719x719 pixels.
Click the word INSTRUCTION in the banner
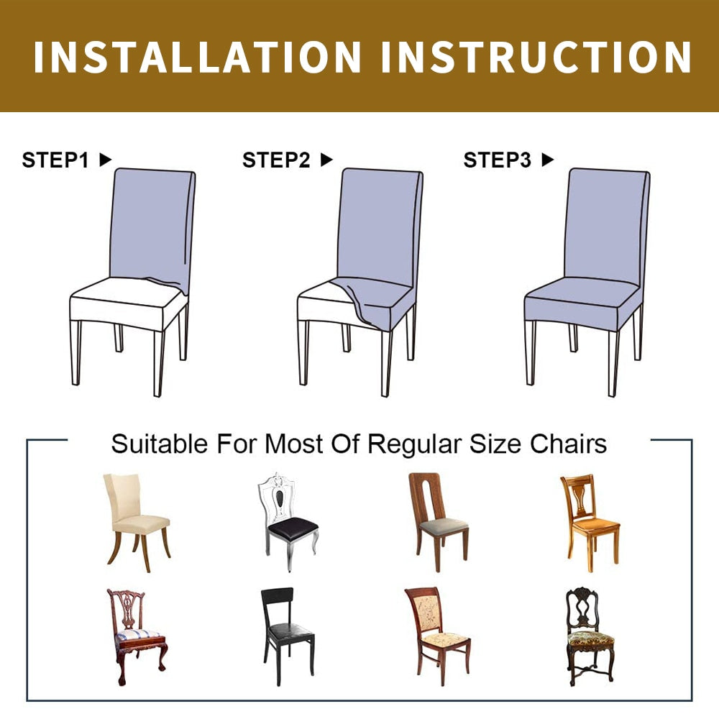pos(536,57)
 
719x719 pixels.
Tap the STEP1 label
pos(55,160)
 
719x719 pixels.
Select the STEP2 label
pos(276,160)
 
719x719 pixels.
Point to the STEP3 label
pos(497,160)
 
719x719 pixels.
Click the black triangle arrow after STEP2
pos(326,160)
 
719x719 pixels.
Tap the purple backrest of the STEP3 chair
pos(605,224)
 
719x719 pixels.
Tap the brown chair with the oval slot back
pos(439,522)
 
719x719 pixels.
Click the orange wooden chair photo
pos(590,523)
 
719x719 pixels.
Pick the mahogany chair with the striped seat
pos(137,637)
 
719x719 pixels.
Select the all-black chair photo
pos(288,636)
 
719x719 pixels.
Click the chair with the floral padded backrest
pos(437,636)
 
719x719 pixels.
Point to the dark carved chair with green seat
pos(590,636)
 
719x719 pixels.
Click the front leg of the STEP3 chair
pos(613,363)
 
